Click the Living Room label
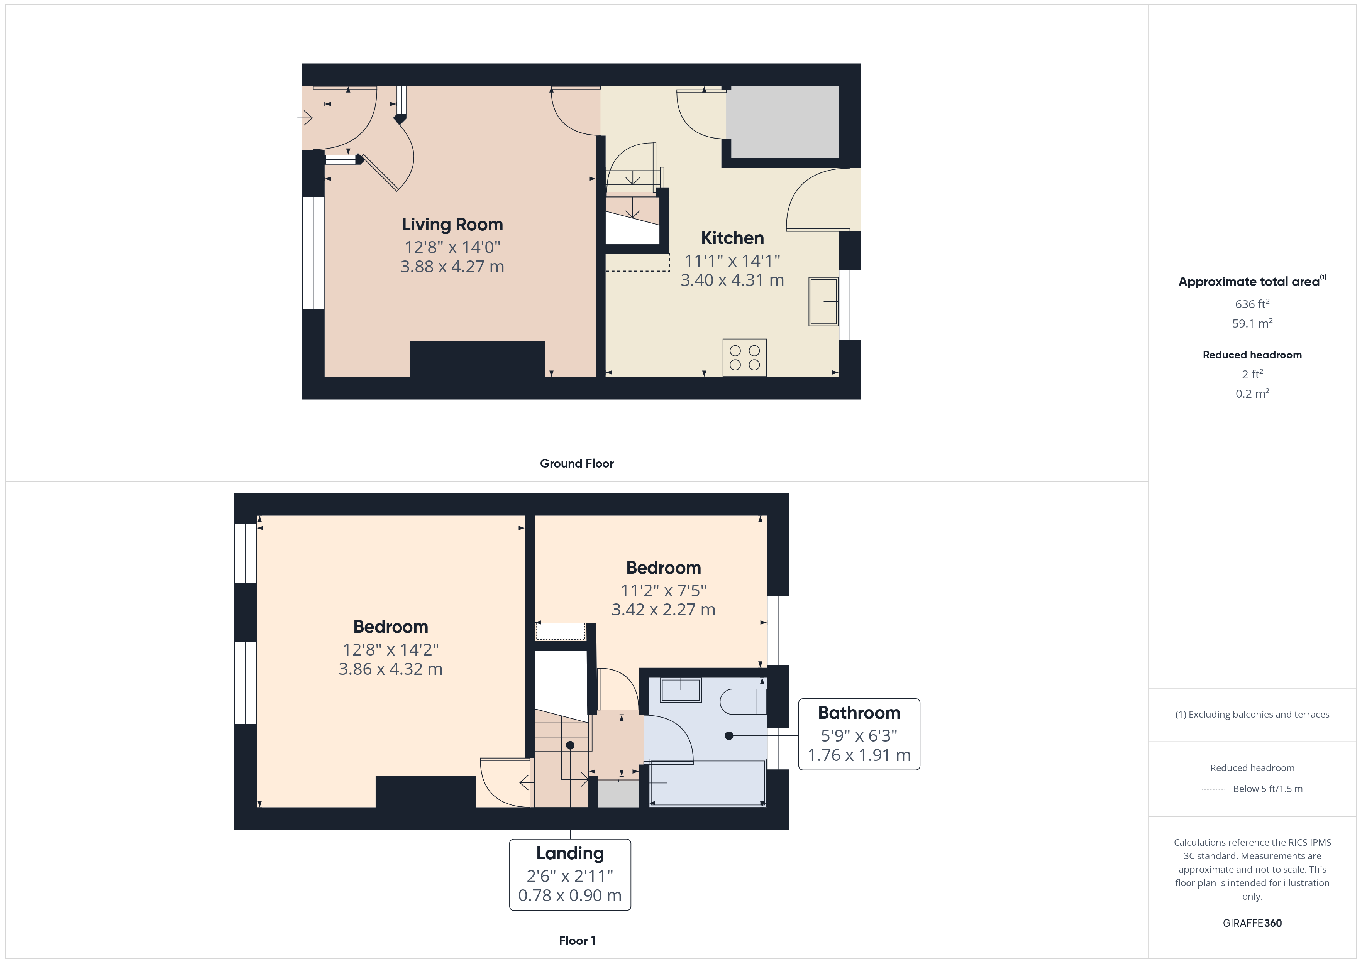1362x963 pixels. (x=452, y=225)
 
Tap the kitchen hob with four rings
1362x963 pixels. (x=744, y=358)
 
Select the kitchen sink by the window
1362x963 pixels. (x=823, y=301)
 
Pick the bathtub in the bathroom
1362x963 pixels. (x=707, y=783)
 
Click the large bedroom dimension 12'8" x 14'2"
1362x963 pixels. (x=390, y=650)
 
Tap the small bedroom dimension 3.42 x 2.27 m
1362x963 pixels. (x=663, y=610)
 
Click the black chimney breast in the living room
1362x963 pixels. (x=478, y=359)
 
